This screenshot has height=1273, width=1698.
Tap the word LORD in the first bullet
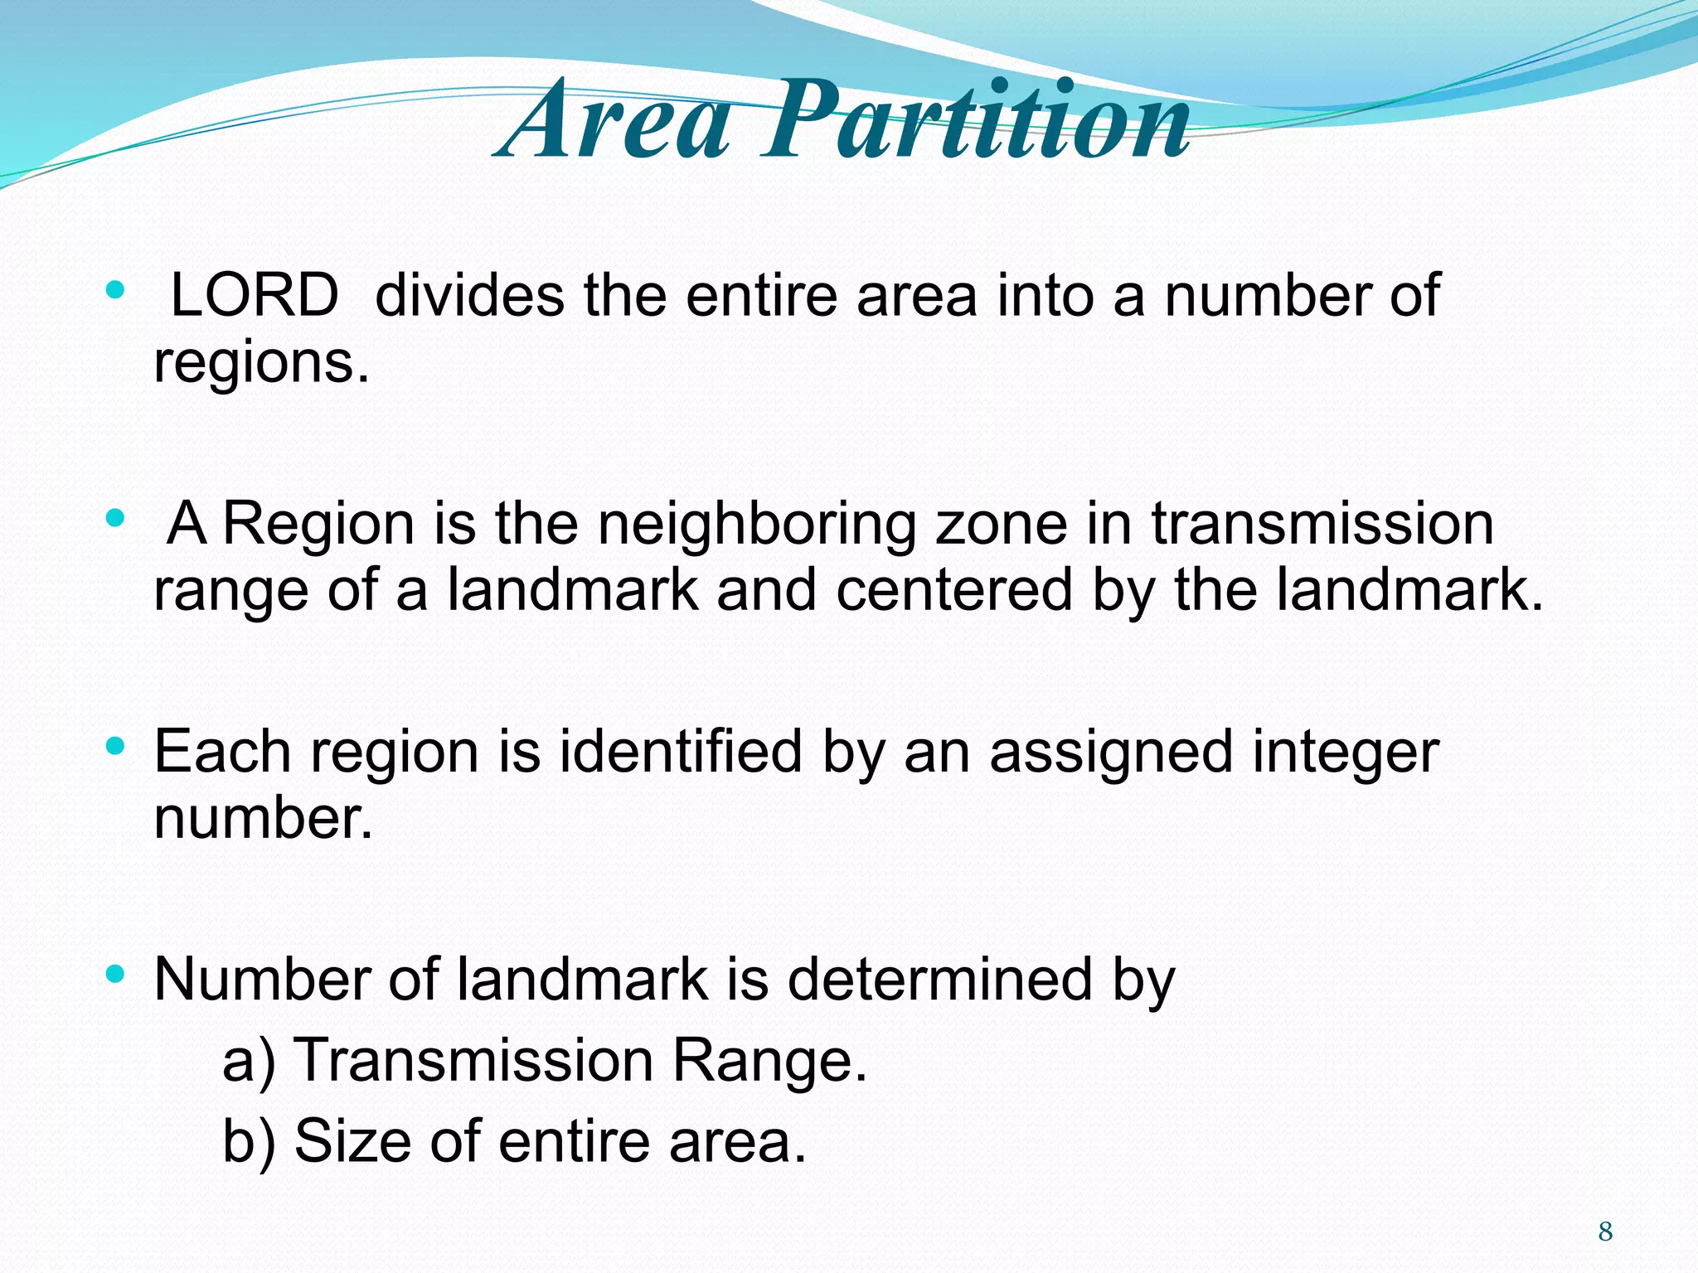point(254,295)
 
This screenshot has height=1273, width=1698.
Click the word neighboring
point(757,524)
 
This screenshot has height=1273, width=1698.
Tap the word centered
point(954,590)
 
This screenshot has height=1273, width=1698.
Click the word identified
point(681,752)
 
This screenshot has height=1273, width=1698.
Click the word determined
point(939,980)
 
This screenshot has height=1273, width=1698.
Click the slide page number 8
point(1605,1232)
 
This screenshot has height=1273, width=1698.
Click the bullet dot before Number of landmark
point(115,975)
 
